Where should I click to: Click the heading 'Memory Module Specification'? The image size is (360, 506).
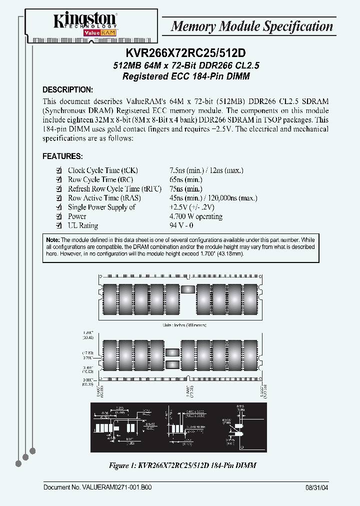point(251,26)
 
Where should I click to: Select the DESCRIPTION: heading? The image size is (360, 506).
point(67,90)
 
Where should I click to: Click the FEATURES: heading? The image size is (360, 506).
point(62,156)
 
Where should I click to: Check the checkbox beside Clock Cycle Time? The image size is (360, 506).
point(58,170)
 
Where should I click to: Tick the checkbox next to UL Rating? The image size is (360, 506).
point(58,225)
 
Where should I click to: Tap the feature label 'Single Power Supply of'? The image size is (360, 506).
point(101,207)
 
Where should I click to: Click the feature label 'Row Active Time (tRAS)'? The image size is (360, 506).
point(104,198)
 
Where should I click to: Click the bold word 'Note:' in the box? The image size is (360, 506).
point(52,240)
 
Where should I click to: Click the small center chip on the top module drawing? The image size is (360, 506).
point(188,289)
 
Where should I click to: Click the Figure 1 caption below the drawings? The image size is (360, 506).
point(182,465)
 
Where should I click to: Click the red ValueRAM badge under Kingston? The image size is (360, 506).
point(84,32)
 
